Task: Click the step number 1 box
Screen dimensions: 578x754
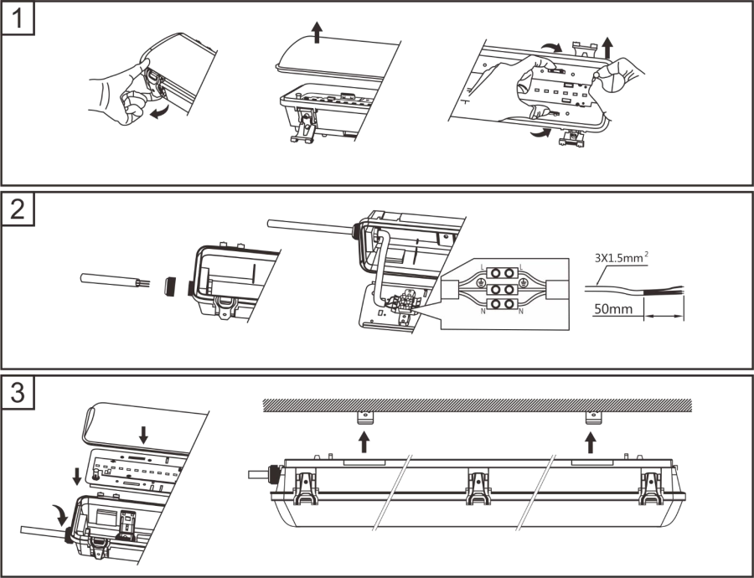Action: tap(18, 18)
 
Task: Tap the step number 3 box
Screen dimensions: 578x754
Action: tap(18, 393)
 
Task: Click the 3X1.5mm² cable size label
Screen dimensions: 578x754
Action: tap(620, 259)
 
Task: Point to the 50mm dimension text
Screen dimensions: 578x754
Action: tap(612, 309)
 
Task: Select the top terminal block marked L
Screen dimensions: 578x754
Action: tap(502, 273)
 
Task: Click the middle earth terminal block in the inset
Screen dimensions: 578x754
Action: tap(502, 289)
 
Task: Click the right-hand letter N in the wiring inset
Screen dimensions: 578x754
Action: tap(521, 312)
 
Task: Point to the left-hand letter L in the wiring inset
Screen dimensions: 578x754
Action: tap(483, 266)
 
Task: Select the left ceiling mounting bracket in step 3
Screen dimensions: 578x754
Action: tap(364, 416)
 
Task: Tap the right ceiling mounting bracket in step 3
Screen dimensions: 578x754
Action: tap(592, 416)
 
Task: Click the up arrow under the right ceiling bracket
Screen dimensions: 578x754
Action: tap(592, 440)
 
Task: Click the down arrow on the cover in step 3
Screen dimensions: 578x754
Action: tap(144, 434)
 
